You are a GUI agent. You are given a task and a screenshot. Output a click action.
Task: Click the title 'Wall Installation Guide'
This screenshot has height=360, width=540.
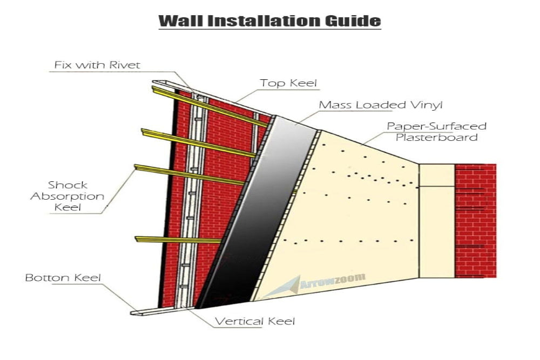[270, 21]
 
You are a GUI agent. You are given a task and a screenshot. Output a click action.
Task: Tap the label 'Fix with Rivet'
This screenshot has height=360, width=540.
[97, 65]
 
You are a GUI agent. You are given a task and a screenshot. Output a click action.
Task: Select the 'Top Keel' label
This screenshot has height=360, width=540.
[288, 83]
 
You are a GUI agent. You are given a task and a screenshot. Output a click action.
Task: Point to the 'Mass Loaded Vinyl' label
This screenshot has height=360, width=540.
[380, 105]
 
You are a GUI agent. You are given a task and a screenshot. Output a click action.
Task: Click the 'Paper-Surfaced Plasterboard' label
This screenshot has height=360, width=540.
[436, 132]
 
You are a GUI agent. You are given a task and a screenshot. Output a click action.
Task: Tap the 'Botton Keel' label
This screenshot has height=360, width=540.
[63, 279]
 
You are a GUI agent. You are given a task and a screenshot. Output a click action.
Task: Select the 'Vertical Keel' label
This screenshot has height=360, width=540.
[255, 322]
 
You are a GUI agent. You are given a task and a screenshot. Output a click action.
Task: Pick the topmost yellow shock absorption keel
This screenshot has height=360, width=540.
[211, 106]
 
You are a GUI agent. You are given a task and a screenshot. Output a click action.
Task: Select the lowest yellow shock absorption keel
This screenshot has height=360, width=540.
[178, 239]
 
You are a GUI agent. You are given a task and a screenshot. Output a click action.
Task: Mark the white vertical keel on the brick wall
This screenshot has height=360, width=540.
[192, 205]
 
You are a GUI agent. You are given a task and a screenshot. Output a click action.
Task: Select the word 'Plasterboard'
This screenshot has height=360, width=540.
[436, 137]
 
